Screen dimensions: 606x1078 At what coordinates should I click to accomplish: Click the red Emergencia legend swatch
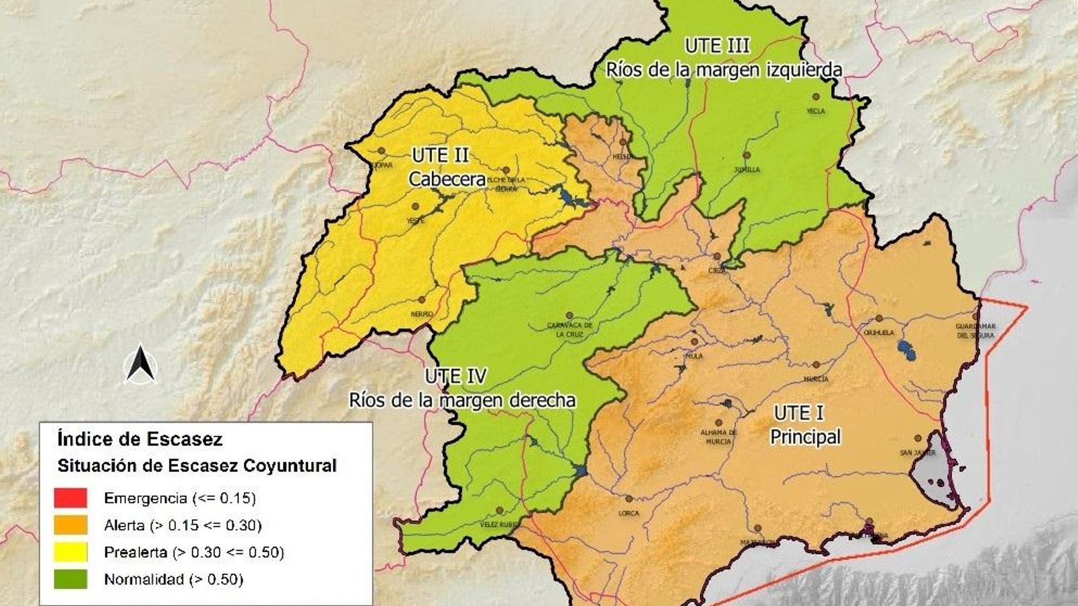pyautogui.click(x=71, y=498)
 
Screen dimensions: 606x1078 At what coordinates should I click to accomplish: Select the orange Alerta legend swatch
pyautogui.click(x=71, y=525)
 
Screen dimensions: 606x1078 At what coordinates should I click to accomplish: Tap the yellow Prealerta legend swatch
pyautogui.click(x=71, y=552)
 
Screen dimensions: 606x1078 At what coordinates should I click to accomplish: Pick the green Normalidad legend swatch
pyautogui.click(x=71, y=579)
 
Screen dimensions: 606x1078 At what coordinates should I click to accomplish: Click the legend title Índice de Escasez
pyautogui.click(x=140, y=439)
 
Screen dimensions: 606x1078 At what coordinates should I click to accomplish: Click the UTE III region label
pyautogui.click(x=717, y=46)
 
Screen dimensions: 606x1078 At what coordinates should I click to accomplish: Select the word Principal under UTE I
pyautogui.click(x=805, y=437)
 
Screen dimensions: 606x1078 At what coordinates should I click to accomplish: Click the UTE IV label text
pyautogui.click(x=455, y=376)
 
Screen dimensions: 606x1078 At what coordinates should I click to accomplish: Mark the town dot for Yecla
pyautogui.click(x=816, y=97)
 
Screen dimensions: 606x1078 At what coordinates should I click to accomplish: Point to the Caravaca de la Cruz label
pyautogui.click(x=569, y=330)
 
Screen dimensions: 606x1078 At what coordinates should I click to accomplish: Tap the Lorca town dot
pyautogui.click(x=629, y=500)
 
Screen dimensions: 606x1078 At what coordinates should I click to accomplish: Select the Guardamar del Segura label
pyautogui.click(x=975, y=331)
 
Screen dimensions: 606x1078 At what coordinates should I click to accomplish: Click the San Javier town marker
pyautogui.click(x=918, y=438)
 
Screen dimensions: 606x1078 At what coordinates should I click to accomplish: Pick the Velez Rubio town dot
pyautogui.click(x=500, y=511)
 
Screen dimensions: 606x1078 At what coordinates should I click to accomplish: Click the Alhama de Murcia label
pyautogui.click(x=718, y=437)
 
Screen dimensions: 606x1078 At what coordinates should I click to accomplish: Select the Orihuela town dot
pyautogui.click(x=879, y=318)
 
